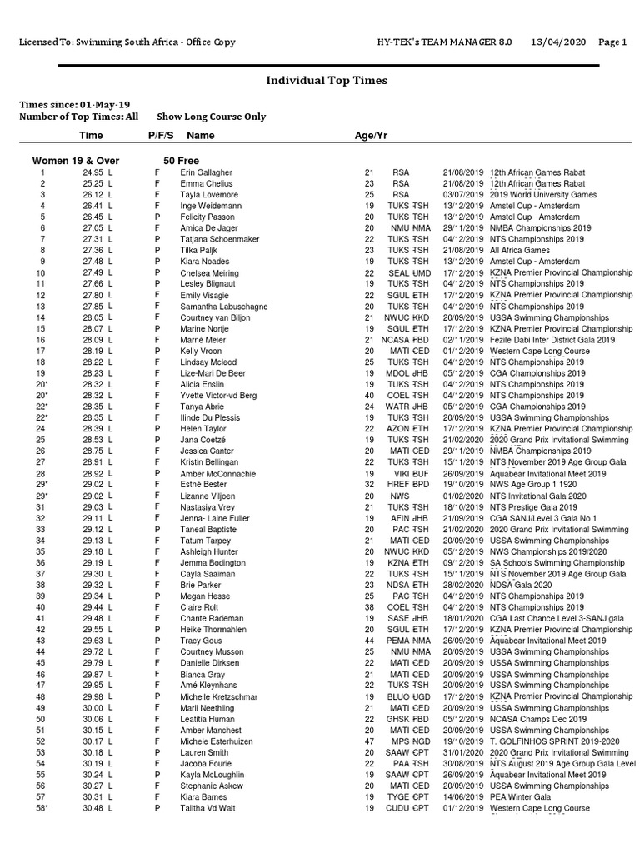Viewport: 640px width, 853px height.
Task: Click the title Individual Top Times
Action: pyautogui.click(x=327, y=81)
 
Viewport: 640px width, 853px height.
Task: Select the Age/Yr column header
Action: pyautogui.click(x=371, y=135)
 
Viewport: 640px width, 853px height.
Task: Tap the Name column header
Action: pyautogui.click(x=201, y=135)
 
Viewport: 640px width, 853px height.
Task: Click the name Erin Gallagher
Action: pyautogui.click(x=207, y=172)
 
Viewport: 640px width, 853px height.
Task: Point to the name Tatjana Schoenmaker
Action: pyautogui.click(x=220, y=239)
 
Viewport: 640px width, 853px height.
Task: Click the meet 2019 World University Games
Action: pyautogui.click(x=543, y=195)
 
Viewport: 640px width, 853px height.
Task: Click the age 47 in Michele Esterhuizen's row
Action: pyautogui.click(x=370, y=741)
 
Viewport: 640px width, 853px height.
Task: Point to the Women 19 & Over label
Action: pyautogui.click(x=76, y=160)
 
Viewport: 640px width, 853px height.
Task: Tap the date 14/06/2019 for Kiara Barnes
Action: pyautogui.click(x=462, y=797)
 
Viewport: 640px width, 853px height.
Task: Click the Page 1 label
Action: pyautogui.click(x=612, y=42)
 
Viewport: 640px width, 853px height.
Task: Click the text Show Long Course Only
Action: pyautogui.click(x=212, y=117)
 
